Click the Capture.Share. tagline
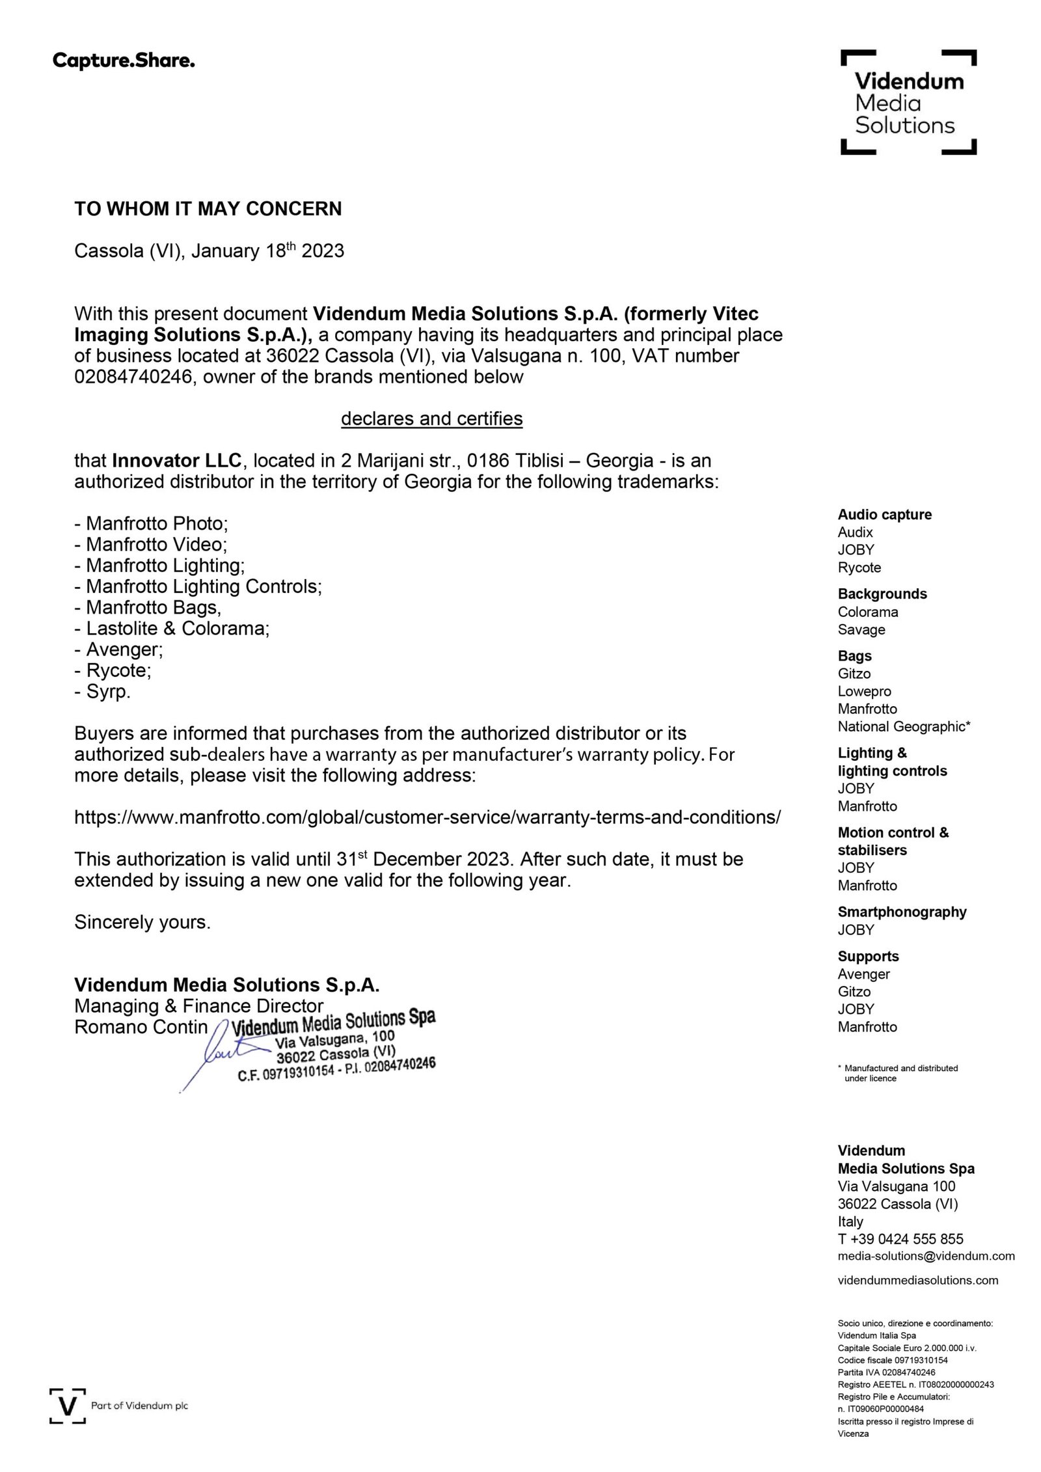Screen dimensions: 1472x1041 click(x=124, y=62)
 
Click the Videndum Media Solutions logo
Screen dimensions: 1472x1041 click(x=908, y=103)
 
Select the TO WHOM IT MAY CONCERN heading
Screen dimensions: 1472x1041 click(x=208, y=209)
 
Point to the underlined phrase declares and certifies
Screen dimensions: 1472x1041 click(x=431, y=418)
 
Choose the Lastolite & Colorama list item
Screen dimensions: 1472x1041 click(x=172, y=629)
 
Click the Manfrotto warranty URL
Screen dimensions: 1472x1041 click(x=427, y=817)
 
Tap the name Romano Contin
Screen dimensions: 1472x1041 click(x=141, y=1027)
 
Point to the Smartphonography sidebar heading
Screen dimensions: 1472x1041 click(x=902, y=912)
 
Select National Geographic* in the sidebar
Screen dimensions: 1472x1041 click(x=904, y=727)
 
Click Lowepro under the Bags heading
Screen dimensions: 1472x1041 click(x=864, y=691)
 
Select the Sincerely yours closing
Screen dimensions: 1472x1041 click(x=142, y=922)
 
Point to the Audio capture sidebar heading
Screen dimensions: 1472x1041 click(x=884, y=515)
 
